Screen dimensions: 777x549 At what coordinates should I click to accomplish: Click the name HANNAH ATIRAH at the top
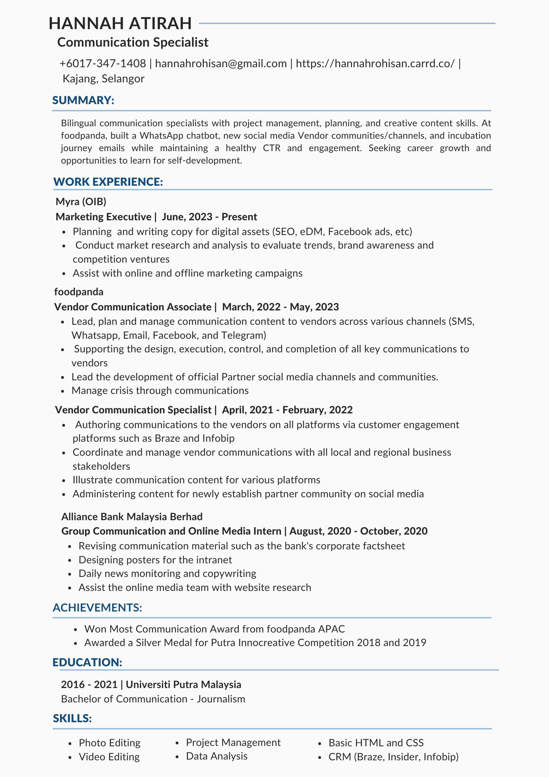(x=120, y=23)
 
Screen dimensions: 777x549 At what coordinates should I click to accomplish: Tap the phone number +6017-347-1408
(x=103, y=63)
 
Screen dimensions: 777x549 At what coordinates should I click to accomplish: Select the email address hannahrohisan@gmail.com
(x=221, y=63)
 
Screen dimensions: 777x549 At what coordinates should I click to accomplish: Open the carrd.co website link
(x=375, y=63)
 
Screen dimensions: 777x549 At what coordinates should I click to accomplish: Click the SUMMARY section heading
(x=83, y=100)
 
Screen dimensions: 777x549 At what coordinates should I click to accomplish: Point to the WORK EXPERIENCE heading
(x=108, y=182)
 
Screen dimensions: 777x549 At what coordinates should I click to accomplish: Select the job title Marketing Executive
(x=103, y=216)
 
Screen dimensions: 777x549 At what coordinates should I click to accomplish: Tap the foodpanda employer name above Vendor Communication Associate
(x=79, y=291)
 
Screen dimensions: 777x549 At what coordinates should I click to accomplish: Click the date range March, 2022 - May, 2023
(x=280, y=307)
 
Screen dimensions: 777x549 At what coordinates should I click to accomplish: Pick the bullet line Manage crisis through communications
(x=160, y=390)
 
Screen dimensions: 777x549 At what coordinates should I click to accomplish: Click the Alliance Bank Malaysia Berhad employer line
(x=132, y=516)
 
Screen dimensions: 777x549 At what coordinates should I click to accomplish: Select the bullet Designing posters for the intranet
(x=155, y=559)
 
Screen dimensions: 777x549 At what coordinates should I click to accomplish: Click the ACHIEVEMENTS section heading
(x=97, y=608)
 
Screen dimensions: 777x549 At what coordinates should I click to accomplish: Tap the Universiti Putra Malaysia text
(x=183, y=684)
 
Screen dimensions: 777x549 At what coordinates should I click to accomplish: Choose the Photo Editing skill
(x=109, y=743)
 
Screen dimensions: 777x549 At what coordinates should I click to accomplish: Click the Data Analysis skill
(x=217, y=756)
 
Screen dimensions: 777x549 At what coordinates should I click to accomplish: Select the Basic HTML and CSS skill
(x=376, y=743)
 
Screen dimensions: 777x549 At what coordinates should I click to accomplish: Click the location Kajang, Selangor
(x=104, y=78)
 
